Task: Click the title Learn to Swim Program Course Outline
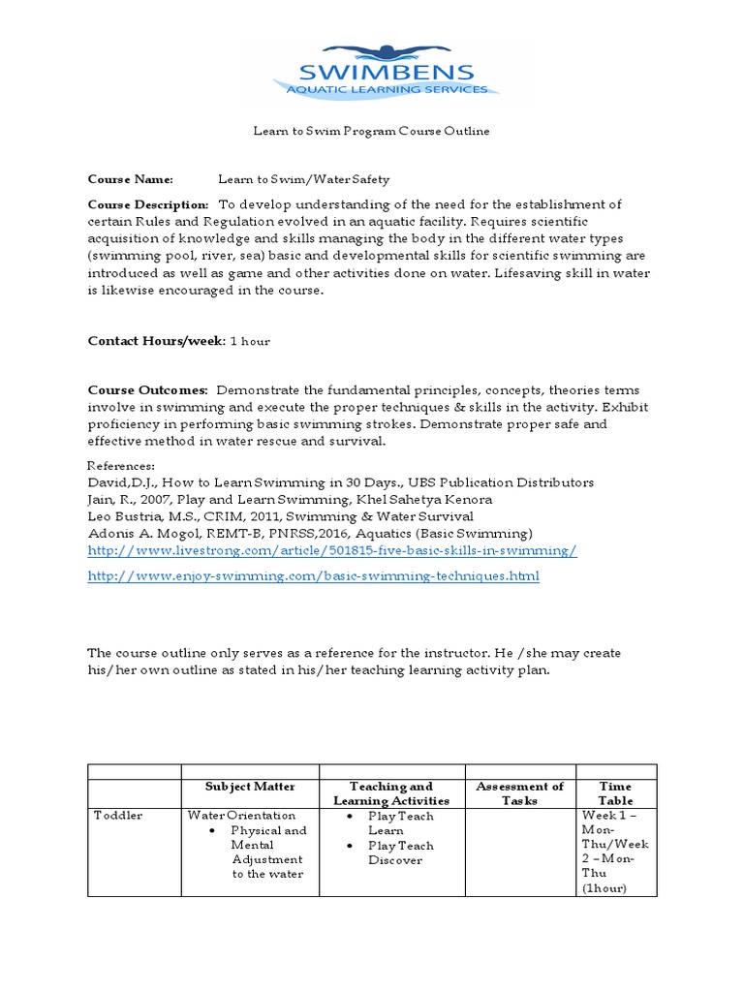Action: (371, 131)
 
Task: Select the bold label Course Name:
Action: (131, 179)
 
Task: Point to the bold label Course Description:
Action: (148, 204)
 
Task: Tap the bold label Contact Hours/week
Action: (155, 341)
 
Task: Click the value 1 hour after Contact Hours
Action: (250, 341)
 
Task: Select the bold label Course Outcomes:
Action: (148, 389)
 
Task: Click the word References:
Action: (121, 466)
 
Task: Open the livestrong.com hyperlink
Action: (332, 550)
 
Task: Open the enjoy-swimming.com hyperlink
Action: (313, 575)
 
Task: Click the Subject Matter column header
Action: (250, 787)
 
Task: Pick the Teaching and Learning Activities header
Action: (391, 793)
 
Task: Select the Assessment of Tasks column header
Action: (519, 793)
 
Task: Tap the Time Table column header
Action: (615, 793)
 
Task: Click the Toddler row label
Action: (117, 816)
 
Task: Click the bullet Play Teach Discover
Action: (400, 852)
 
